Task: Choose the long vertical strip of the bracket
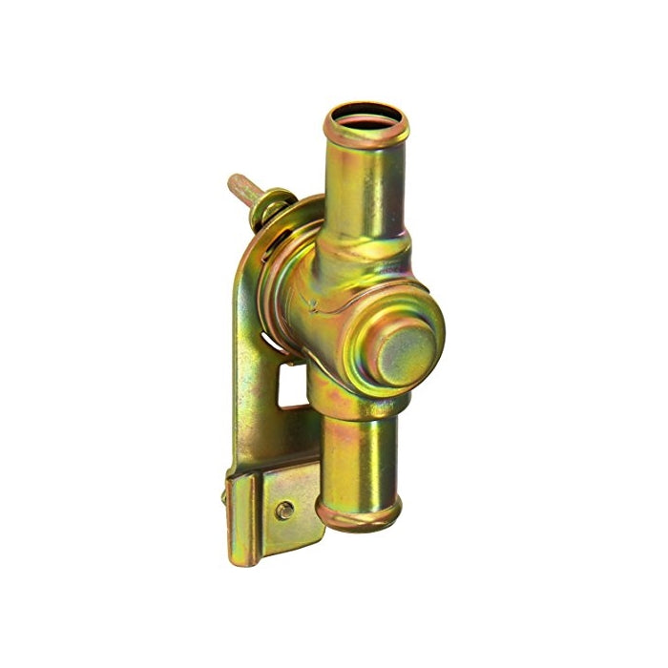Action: click(x=250, y=382)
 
